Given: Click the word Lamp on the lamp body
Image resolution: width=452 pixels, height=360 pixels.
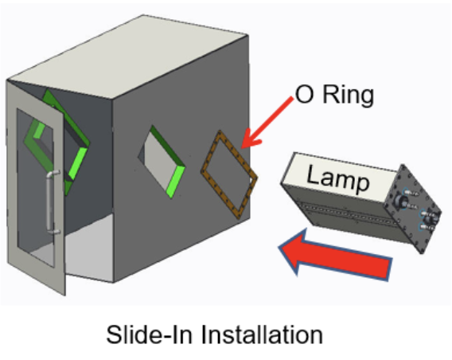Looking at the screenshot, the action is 338,178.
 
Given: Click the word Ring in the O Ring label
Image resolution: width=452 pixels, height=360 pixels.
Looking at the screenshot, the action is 349,95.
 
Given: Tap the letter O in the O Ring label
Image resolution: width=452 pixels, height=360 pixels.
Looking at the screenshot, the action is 305,94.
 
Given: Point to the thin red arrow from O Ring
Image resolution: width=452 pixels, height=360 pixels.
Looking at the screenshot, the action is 267,123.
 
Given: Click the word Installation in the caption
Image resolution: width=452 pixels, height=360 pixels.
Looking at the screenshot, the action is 262,334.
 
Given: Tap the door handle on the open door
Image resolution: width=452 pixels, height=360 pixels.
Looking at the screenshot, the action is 50,202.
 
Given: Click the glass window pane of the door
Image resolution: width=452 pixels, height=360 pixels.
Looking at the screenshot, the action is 34,187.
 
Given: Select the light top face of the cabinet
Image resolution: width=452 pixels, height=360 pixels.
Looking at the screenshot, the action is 127,57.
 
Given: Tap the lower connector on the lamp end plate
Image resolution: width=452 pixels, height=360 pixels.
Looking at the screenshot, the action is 430,220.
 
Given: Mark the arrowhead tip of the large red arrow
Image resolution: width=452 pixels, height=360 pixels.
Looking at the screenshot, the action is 279,247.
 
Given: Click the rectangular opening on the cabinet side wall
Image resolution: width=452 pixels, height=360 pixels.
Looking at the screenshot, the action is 162,162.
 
